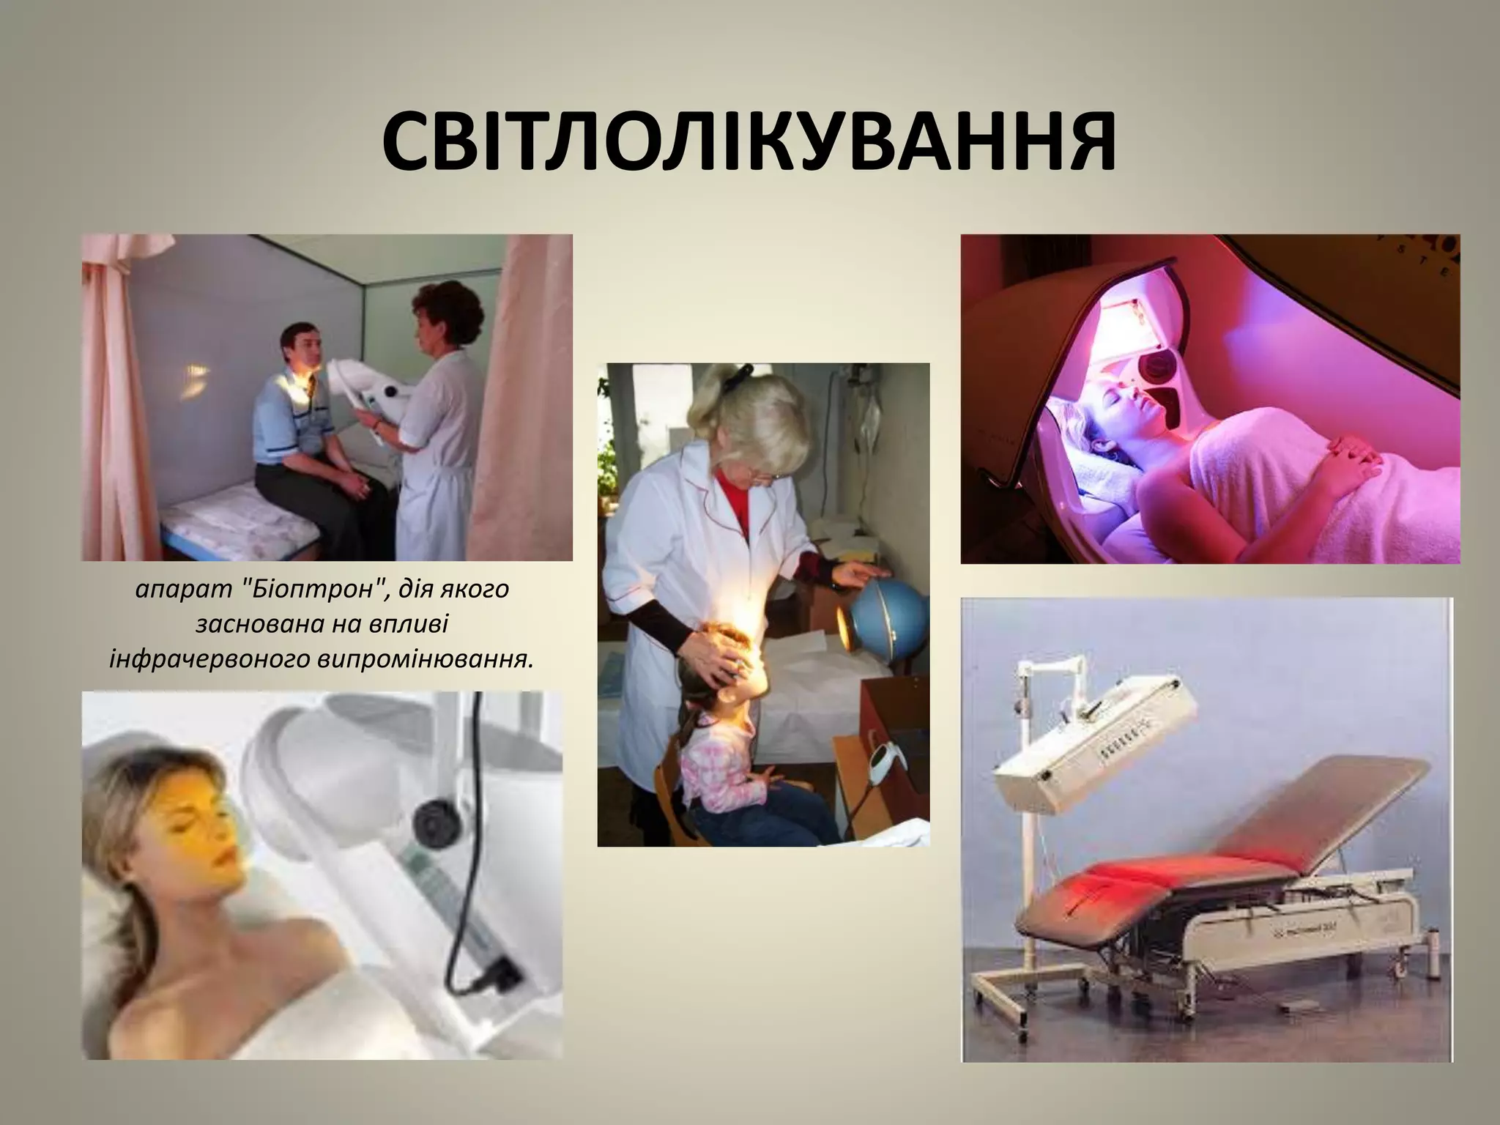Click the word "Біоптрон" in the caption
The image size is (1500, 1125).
[x=315, y=590]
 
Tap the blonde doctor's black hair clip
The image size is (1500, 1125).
[x=744, y=373]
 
